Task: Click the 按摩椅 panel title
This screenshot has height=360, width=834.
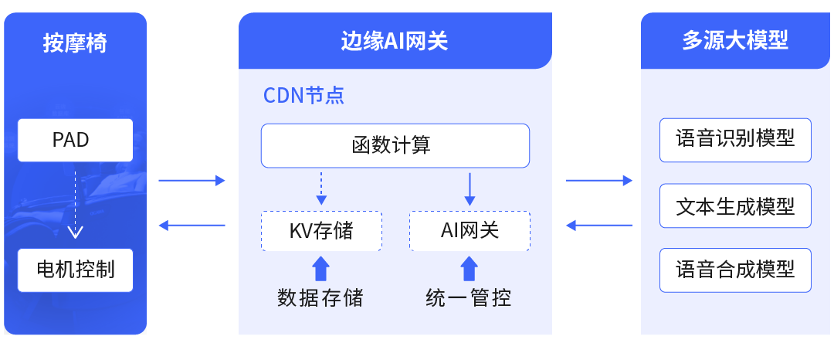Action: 75,42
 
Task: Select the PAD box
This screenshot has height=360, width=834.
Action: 75,140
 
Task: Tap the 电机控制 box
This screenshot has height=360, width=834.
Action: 75,270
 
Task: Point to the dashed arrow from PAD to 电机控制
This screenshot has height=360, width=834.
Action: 75,204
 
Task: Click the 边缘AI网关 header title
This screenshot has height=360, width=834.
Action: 395,41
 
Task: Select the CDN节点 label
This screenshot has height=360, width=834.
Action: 303,96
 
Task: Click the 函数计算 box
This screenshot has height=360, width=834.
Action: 395,145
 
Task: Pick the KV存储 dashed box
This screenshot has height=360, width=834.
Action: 321,230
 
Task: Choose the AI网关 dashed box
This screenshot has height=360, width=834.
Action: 470,230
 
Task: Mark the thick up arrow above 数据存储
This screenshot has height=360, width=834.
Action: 321,268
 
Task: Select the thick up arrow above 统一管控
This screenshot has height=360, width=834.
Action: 470,268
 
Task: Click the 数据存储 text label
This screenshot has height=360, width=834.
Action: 320,297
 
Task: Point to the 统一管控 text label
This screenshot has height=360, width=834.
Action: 469,297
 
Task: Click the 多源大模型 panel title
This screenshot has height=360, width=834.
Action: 735,41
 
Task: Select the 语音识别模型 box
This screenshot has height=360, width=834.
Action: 735,140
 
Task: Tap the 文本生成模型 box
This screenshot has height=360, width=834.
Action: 735,205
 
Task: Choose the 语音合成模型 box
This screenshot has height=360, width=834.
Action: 735,270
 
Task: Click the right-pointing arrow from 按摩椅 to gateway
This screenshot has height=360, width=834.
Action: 192,181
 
